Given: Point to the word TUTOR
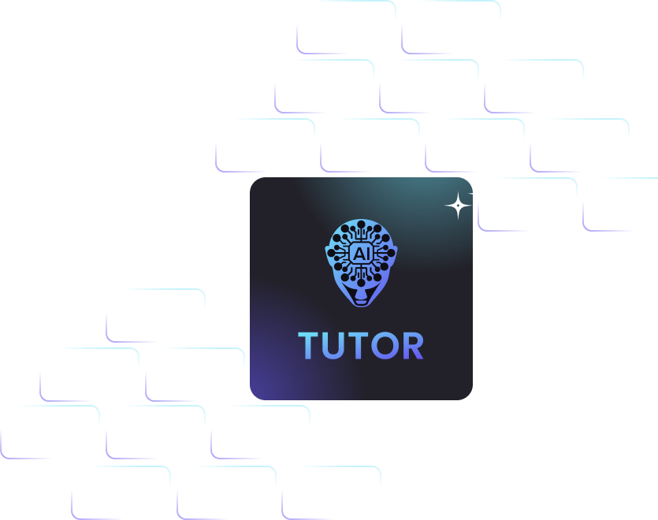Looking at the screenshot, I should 361,346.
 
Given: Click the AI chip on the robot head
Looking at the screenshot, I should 361,253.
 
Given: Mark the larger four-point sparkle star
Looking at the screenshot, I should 457,206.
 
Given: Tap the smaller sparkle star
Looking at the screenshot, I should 478,193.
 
